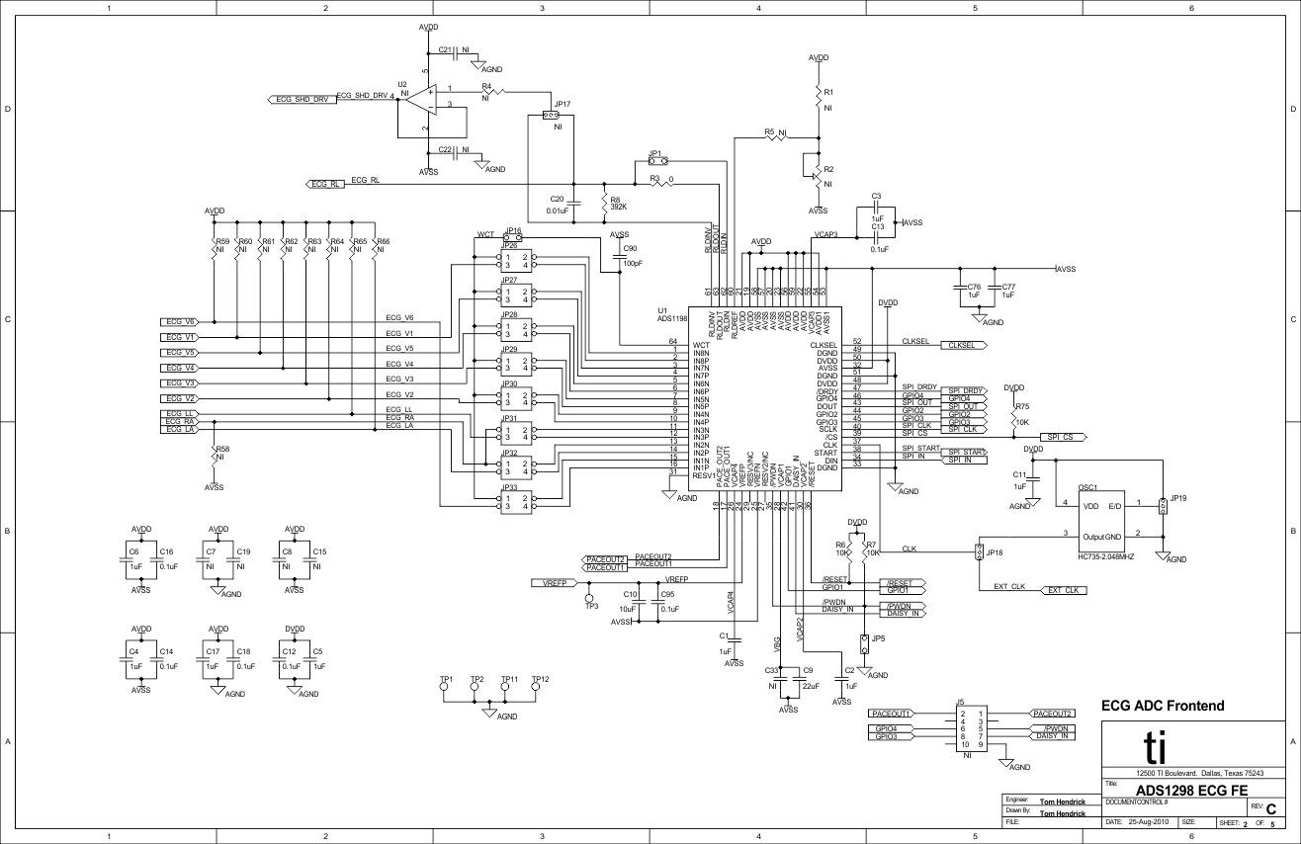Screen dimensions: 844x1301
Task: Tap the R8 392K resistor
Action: tap(602, 202)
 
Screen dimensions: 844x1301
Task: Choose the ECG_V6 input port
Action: tap(180, 322)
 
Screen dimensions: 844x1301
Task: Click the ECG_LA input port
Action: tap(180, 430)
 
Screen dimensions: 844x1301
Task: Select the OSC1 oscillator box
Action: tap(1101, 521)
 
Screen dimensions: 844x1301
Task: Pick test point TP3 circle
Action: tap(591, 598)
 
